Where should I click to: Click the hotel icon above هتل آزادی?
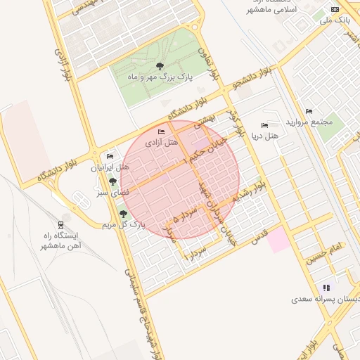coord(162,132)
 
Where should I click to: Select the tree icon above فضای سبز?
coord(112,181)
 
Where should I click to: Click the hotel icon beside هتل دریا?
coord(264,124)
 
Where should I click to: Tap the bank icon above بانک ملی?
coord(335,9)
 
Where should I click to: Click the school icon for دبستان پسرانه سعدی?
coord(326,288)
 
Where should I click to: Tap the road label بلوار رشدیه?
coord(251,191)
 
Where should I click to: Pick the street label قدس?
coord(261,233)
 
